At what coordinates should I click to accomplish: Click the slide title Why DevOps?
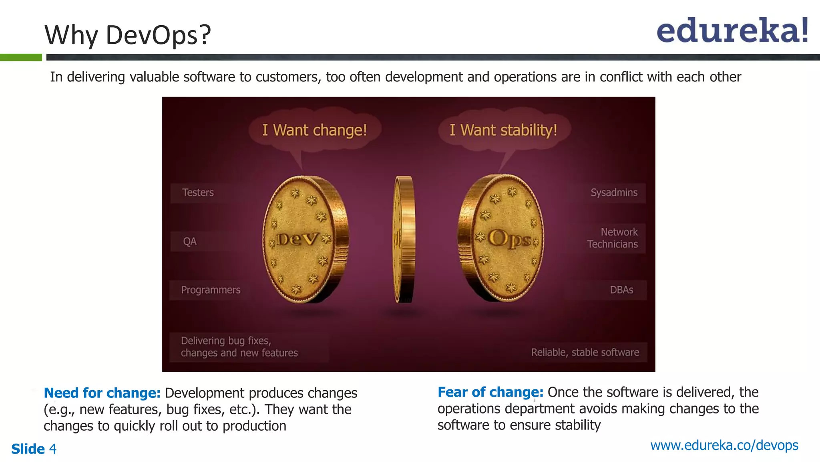click(127, 35)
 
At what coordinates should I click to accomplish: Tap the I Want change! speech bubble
click(315, 130)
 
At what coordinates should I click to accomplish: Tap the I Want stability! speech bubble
click(503, 130)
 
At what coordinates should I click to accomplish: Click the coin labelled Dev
click(304, 239)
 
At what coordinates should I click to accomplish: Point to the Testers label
click(198, 192)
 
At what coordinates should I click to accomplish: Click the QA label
click(190, 241)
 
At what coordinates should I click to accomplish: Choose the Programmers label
click(211, 290)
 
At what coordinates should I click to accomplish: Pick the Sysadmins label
click(614, 192)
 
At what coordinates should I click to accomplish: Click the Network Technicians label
click(613, 238)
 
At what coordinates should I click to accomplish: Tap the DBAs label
click(621, 290)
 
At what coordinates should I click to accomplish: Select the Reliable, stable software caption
click(585, 352)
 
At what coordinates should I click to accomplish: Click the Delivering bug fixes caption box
click(239, 347)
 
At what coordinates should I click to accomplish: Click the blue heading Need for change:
click(102, 393)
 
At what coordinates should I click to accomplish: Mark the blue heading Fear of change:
click(490, 392)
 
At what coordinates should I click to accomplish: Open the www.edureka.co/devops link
click(724, 445)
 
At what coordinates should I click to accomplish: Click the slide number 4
click(53, 449)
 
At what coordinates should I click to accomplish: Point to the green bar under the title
click(21, 57)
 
